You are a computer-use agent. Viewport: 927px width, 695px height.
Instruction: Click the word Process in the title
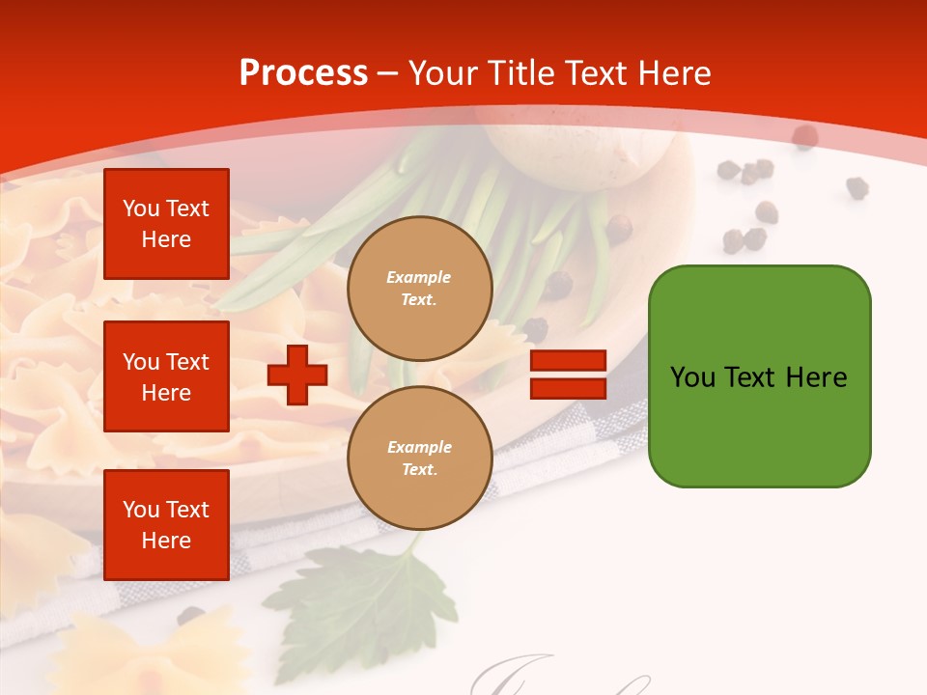[x=303, y=72]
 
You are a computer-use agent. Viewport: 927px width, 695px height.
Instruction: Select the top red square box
[x=166, y=224]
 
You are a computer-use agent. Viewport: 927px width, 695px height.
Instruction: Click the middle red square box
[x=166, y=376]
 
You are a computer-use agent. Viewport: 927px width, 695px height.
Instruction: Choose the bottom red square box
[x=166, y=525]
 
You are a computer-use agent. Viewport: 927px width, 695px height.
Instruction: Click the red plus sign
[x=297, y=375]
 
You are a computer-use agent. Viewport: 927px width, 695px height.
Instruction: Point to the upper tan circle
[x=420, y=289]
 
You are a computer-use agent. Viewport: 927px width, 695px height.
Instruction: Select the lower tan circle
[x=420, y=459]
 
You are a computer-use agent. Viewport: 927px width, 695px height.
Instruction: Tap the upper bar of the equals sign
[x=568, y=361]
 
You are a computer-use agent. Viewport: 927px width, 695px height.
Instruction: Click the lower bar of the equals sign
[x=568, y=388]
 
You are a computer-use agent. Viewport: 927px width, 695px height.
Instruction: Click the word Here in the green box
[x=816, y=376]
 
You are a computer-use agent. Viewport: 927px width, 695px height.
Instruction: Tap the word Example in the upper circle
[x=419, y=277]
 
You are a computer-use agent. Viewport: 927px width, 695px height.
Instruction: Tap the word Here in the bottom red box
[x=166, y=541]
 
